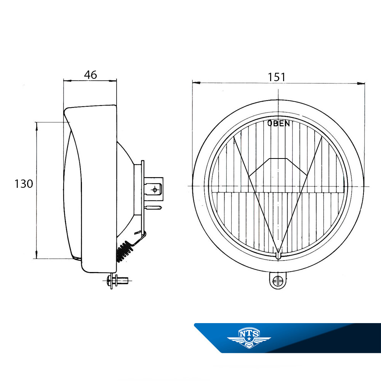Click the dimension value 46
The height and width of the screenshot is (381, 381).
(91, 75)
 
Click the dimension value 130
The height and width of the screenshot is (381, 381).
(24, 184)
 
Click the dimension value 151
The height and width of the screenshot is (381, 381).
(277, 77)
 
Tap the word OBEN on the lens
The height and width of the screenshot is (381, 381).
(279, 123)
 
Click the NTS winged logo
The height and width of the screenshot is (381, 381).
(249, 338)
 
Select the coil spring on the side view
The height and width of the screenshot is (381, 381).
(125, 251)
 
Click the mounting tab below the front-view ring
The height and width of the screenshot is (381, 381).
(278, 281)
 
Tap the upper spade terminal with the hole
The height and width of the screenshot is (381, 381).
(153, 189)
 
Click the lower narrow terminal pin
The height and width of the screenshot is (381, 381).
(153, 208)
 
